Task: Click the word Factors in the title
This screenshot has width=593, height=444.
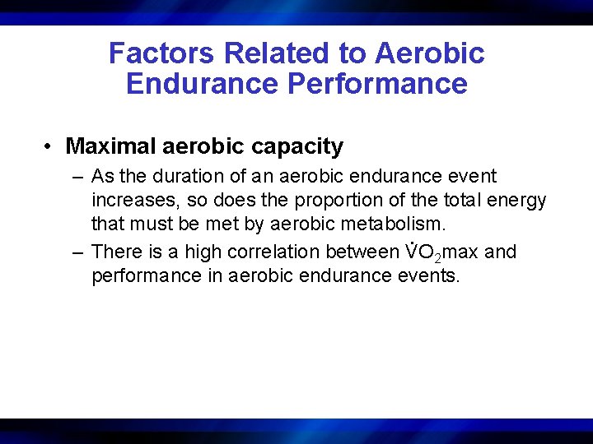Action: click(162, 53)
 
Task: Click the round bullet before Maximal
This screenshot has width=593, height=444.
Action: click(49, 147)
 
